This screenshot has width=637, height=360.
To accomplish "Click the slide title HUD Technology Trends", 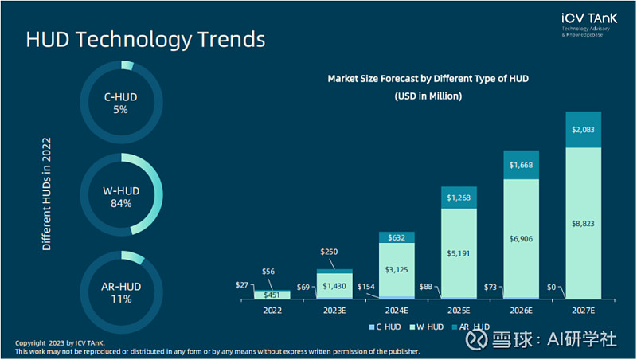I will pos(146,39).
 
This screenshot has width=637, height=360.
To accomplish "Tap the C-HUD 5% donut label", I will pos(121,103).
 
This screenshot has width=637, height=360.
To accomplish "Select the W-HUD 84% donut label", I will pos(121,197).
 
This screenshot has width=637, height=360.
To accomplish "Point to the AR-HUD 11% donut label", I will pos(121,292).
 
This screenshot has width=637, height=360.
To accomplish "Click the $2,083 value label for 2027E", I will pos(583,129).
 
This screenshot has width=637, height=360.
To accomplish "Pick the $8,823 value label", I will pos(583,224).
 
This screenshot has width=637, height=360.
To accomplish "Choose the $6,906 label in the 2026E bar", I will pos(521,238).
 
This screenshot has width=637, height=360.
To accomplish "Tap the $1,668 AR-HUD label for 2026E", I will pos(521,166).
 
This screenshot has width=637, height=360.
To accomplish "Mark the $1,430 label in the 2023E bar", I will pos(334,285).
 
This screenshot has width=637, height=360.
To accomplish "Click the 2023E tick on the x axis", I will pos(334,311).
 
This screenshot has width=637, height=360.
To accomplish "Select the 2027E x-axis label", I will pos(583,311).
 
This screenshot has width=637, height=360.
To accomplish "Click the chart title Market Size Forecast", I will pos(428,79).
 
